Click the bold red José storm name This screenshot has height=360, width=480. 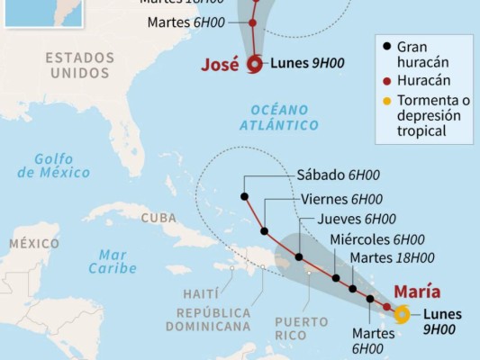click(222, 64)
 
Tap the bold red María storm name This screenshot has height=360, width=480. click(417, 291)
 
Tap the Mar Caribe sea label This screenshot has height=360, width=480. click(113, 261)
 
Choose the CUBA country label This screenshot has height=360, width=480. click(159, 218)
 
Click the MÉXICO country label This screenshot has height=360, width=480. click(34, 243)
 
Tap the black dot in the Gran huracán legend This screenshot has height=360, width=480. click(386, 47)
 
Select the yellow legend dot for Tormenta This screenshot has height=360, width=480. click(386, 100)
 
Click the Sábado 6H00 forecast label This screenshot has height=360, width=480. click(330, 175)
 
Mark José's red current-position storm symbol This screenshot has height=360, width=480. click(255, 63)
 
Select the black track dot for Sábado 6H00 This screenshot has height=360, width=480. click(244, 196)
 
